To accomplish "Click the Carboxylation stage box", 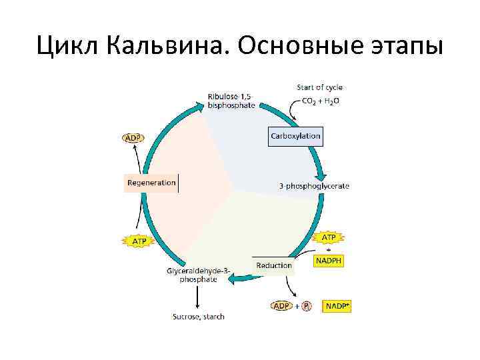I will pyautogui.click(x=295, y=136).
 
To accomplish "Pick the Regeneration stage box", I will pyautogui.click(x=151, y=183).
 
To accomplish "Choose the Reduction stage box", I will pyautogui.click(x=273, y=265).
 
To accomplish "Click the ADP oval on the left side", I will pyautogui.click(x=133, y=138).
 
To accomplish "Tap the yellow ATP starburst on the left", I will pyautogui.click(x=139, y=241).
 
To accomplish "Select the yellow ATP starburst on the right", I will pyautogui.click(x=329, y=237).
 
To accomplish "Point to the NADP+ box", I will pyautogui.click(x=337, y=306).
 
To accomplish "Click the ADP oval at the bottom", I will pyautogui.click(x=282, y=306).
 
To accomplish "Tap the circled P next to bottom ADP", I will pyautogui.click(x=306, y=306).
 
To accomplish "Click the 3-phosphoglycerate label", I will pyautogui.click(x=313, y=186).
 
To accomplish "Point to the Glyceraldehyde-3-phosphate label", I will pyautogui.click(x=198, y=275).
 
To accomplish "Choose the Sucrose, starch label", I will pyautogui.click(x=198, y=316).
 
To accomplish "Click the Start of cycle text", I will pyautogui.click(x=319, y=87).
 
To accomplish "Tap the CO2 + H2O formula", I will pyautogui.click(x=321, y=101).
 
